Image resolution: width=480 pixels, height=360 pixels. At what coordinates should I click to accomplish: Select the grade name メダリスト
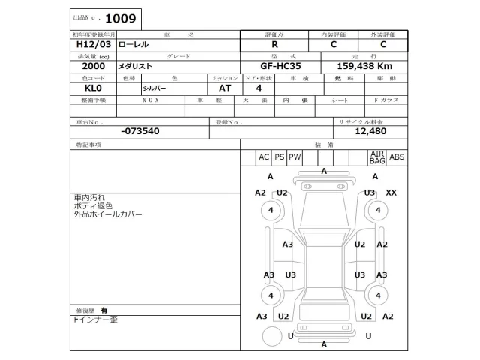[134, 66]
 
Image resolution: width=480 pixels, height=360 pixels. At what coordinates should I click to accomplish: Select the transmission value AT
[225, 88]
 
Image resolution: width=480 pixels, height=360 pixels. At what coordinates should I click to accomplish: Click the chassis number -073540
[139, 130]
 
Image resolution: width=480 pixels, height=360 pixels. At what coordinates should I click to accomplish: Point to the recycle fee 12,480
[370, 130]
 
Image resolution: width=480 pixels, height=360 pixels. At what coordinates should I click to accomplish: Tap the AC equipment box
[263, 157]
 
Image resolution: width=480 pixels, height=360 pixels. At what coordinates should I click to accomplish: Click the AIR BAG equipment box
[376, 157]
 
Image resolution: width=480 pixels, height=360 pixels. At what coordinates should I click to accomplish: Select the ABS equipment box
[397, 157]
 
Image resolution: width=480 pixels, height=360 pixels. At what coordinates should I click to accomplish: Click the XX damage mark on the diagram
[391, 193]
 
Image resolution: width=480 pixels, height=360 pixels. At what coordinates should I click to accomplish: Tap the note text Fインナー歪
[95, 319]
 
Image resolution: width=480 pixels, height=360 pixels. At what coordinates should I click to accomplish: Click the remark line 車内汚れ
[89, 197]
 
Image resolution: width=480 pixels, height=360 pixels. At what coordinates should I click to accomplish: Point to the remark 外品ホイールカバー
[107, 214]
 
